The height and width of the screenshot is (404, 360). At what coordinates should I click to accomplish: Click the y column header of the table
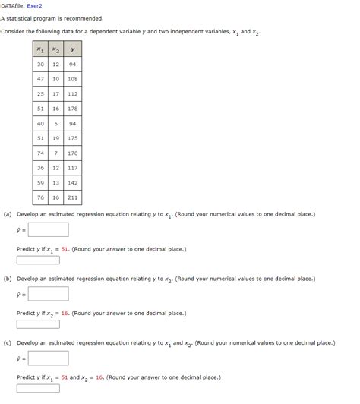click(x=72, y=49)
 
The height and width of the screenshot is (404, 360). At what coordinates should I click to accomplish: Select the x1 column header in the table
click(x=40, y=49)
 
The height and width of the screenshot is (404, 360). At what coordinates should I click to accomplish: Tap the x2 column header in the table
click(x=56, y=49)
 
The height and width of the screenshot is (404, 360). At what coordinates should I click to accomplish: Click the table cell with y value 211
click(x=72, y=197)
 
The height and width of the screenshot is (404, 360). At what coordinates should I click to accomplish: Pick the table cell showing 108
click(x=72, y=79)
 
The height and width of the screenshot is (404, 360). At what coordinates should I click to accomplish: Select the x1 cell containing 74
click(x=40, y=153)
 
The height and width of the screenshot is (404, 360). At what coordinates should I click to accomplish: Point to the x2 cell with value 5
click(x=56, y=124)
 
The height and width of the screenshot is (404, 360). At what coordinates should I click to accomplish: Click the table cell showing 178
click(x=72, y=109)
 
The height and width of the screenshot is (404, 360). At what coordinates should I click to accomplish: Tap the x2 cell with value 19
click(x=56, y=138)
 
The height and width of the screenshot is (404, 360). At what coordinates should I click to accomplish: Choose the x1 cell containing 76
click(x=40, y=197)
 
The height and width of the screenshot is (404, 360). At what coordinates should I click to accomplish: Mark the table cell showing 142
click(x=72, y=183)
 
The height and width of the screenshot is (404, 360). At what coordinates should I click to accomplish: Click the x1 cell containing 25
click(x=40, y=94)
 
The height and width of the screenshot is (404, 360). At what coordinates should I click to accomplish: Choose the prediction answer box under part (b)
click(x=38, y=324)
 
